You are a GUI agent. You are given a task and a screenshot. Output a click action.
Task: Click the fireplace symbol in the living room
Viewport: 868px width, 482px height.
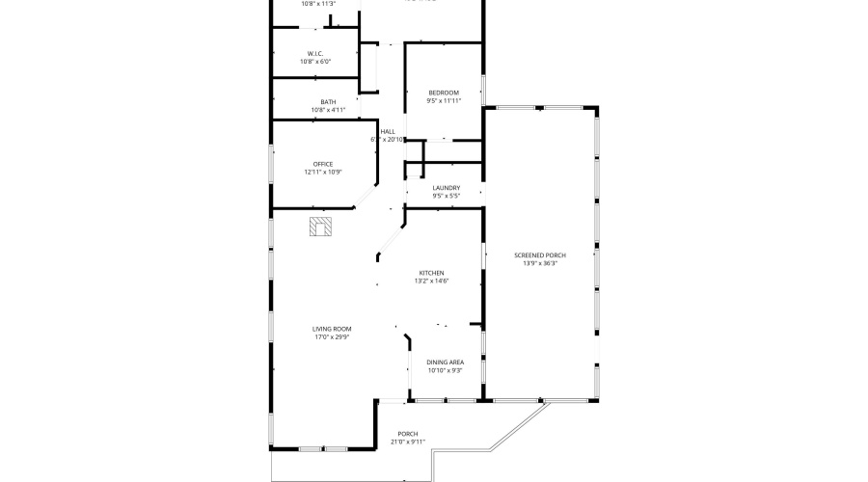tap(320, 227)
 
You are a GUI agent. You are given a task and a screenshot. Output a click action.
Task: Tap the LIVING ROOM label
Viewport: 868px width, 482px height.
tap(331, 329)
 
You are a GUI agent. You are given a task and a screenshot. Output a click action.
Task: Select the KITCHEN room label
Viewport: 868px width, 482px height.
tap(431, 272)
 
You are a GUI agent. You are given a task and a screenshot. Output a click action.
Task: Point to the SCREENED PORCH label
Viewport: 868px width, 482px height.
tap(540, 254)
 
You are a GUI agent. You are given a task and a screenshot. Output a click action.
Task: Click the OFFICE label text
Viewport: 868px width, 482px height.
tap(322, 164)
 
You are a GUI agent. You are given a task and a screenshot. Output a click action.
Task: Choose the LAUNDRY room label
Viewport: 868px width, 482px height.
tap(446, 188)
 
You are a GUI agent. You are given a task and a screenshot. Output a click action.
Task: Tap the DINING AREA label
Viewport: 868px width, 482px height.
tap(445, 362)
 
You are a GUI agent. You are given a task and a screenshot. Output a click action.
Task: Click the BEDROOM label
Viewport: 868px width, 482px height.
tap(444, 93)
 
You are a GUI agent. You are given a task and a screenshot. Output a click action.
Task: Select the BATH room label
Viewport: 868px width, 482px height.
tap(328, 102)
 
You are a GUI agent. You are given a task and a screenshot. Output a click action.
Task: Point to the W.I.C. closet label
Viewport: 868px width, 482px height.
tap(314, 54)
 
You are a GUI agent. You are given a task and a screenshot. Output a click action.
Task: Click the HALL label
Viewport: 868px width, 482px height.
tap(388, 132)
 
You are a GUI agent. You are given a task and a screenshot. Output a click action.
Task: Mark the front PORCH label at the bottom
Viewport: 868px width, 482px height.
tap(407, 434)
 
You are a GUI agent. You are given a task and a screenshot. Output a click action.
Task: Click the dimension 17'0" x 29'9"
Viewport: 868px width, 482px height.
tap(331, 337)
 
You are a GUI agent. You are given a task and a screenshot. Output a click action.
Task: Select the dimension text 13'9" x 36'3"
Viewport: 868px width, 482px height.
tap(540, 263)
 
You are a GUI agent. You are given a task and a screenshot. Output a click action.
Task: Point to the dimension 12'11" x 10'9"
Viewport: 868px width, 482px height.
tap(323, 173)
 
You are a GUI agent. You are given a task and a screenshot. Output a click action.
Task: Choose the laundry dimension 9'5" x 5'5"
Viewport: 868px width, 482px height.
tap(446, 197)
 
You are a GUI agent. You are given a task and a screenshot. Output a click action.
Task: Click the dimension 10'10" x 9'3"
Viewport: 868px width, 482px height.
tap(445, 371)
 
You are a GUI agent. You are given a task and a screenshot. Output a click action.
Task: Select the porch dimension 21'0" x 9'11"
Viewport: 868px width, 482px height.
tap(407, 442)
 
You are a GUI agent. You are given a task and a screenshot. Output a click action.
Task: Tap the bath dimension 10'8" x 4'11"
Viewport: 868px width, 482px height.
tap(328, 110)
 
